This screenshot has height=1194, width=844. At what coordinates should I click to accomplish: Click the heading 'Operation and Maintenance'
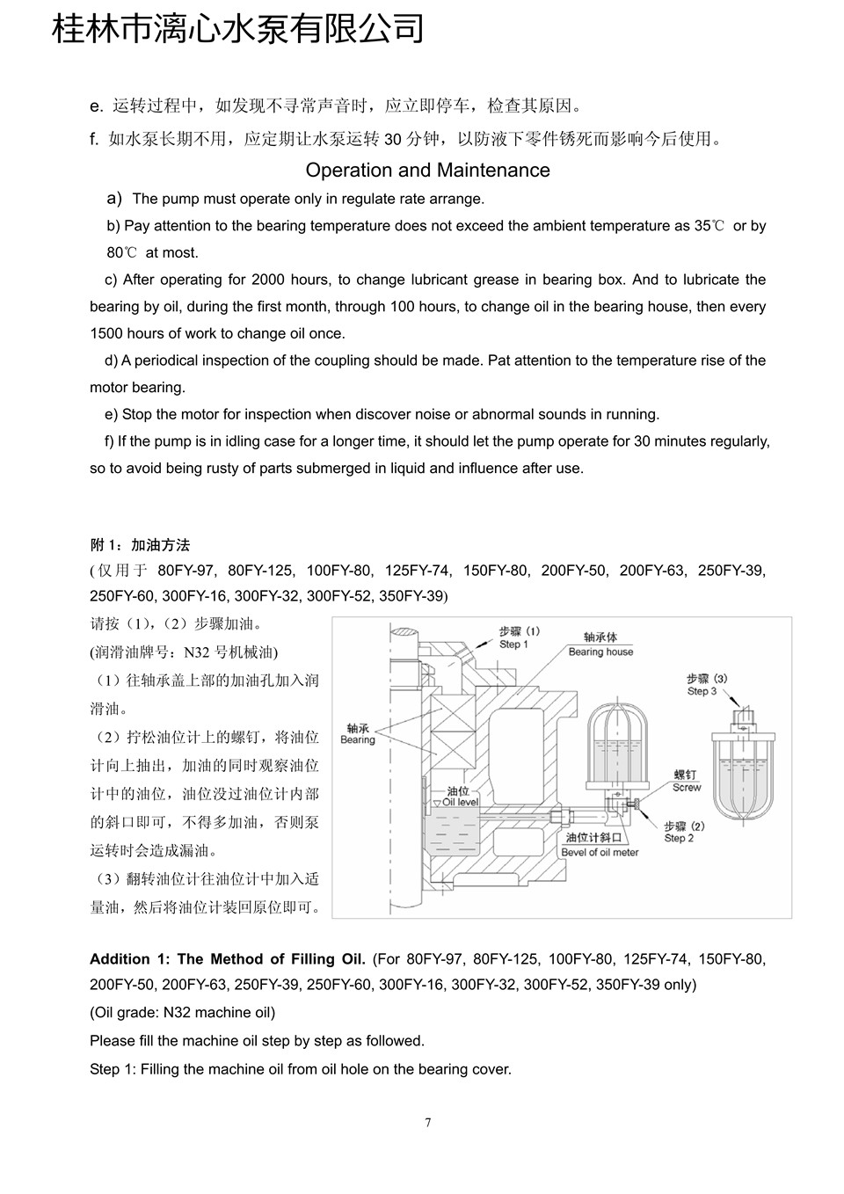[x=427, y=171]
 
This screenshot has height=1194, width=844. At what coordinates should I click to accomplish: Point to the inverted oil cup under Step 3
[x=744, y=774]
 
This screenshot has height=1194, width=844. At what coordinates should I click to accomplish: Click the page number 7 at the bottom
[x=428, y=1123]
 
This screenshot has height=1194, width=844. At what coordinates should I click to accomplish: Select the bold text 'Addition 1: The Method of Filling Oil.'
[x=228, y=959]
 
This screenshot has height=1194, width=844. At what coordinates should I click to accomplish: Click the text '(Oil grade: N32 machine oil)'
[x=182, y=1013]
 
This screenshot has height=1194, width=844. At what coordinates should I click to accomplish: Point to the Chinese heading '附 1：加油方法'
[x=140, y=545]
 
